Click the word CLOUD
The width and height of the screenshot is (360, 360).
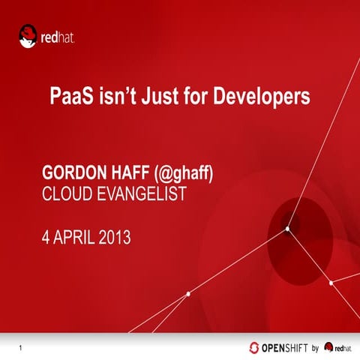tap(65, 195)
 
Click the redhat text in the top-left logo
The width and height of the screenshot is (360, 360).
tap(58, 34)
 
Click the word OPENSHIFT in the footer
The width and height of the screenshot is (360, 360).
tap(284, 347)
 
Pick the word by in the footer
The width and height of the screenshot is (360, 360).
tap(316, 347)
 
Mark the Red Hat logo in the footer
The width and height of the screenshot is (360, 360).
tap(338, 347)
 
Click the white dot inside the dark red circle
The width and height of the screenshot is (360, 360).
tap(287, 230)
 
